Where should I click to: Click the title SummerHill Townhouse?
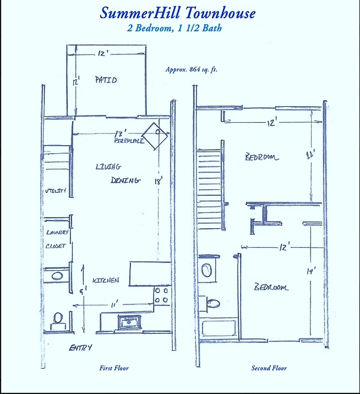(178, 12)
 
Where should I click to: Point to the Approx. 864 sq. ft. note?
(191, 69)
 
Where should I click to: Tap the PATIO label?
(106, 80)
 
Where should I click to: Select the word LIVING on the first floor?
(108, 167)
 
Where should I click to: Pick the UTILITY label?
(55, 192)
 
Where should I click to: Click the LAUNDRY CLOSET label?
(57, 239)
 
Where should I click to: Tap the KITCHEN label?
(106, 280)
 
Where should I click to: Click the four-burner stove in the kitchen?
(161, 295)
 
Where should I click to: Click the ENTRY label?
(80, 348)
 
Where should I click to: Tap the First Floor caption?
(114, 368)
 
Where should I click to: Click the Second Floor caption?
(269, 368)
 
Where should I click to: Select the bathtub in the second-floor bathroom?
(219, 329)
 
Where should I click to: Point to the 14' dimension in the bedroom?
(310, 271)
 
